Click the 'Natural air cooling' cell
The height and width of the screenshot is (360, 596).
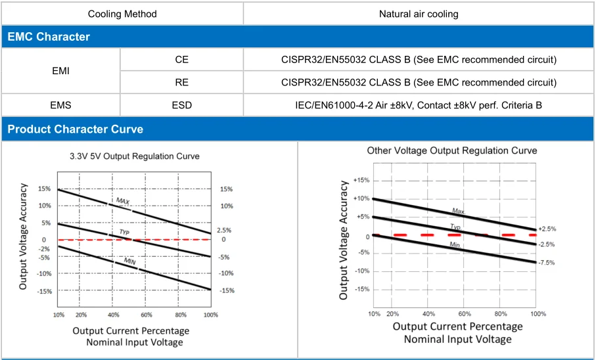[419, 13]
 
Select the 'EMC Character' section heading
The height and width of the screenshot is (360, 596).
[49, 37]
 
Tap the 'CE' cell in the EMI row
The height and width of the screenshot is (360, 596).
[181, 60]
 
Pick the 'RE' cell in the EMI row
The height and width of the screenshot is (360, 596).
[181, 82]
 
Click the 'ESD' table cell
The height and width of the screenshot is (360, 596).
[181, 105]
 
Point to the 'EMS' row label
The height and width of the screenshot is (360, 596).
[61, 105]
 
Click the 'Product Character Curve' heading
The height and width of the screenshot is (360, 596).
[75, 129]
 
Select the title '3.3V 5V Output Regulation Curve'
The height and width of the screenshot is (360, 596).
[135, 156]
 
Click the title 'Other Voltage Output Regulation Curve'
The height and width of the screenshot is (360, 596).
[451, 150]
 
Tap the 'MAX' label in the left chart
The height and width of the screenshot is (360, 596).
[123, 201]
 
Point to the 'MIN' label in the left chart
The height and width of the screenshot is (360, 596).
[130, 261]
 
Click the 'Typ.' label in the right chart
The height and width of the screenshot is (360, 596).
[455, 227]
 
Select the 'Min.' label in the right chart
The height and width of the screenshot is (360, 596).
[455, 244]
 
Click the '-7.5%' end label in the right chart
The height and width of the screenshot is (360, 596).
[547, 262]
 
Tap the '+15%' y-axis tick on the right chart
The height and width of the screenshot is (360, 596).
[361, 180]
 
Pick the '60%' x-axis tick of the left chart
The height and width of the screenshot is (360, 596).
[146, 315]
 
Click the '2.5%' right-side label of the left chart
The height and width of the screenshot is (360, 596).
[224, 231]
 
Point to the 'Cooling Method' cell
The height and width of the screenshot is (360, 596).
[122, 13]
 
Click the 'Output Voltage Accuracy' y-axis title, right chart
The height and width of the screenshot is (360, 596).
[344, 240]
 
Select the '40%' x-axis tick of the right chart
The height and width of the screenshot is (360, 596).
[429, 314]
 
